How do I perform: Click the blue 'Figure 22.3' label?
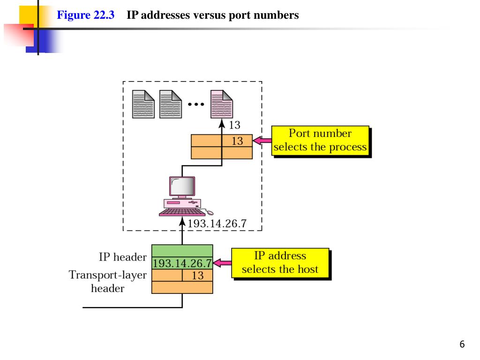pyautogui.click(x=85, y=15)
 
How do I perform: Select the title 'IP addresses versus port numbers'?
pyautogui.click(x=213, y=15)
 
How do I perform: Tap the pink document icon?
pyautogui.click(x=222, y=104)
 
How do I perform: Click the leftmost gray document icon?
pyautogui.click(x=143, y=104)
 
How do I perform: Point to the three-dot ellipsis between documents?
pyautogui.click(x=196, y=105)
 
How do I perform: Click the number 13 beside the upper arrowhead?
pyautogui.click(x=234, y=125)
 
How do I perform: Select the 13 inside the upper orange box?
pyautogui.click(x=237, y=141)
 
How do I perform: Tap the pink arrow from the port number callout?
pyautogui.click(x=262, y=141)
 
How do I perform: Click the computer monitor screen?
pyautogui.click(x=182, y=186)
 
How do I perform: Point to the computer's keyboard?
pyautogui.click(x=182, y=212)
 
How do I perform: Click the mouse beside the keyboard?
pyautogui.click(x=210, y=212)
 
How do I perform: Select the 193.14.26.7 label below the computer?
pyautogui.click(x=217, y=224)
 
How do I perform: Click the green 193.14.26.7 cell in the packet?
pyautogui.click(x=182, y=263)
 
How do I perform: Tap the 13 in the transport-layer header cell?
pyautogui.click(x=198, y=275)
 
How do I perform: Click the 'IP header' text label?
pyautogui.click(x=123, y=257)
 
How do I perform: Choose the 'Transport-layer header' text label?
pyautogui.click(x=108, y=281)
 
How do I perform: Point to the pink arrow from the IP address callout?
pyautogui.click(x=222, y=263)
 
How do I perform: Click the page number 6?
pyautogui.click(x=462, y=344)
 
